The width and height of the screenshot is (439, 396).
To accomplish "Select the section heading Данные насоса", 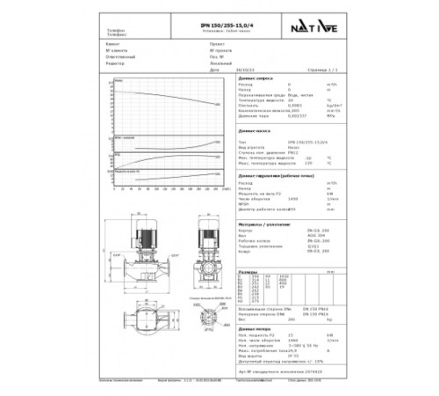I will [253, 129].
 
